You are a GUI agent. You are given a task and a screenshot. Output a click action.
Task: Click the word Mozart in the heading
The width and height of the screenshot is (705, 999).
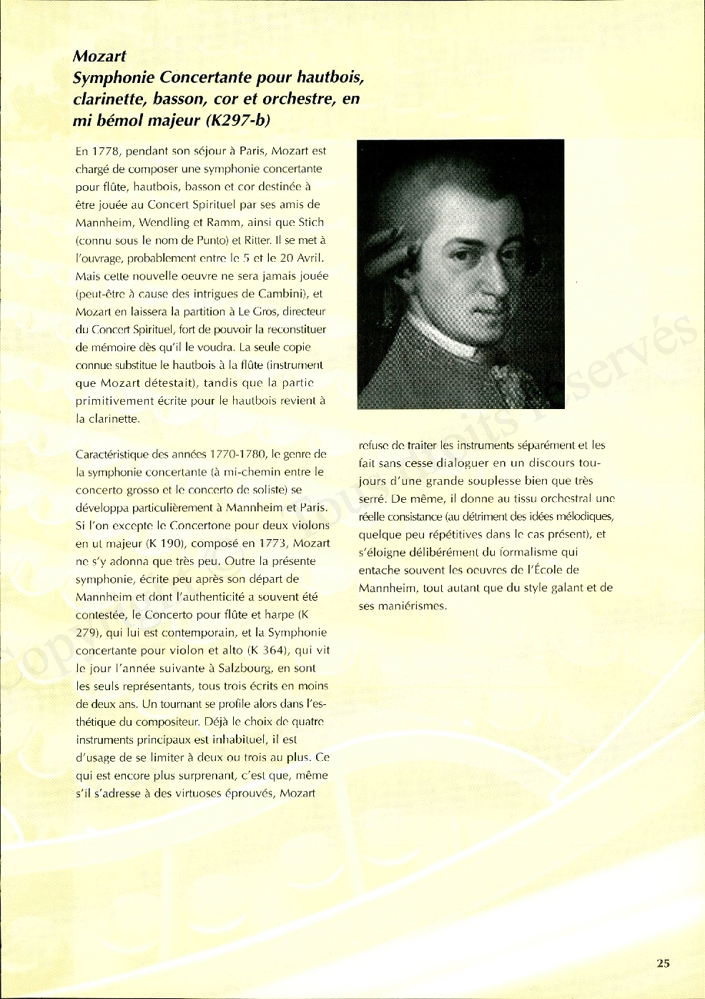click(99, 56)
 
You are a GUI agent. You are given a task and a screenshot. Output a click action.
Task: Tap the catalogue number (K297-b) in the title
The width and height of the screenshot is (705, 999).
click(238, 120)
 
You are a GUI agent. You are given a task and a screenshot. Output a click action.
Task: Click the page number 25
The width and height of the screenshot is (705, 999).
click(663, 963)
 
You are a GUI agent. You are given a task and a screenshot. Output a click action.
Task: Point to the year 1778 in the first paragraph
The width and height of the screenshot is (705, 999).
click(104, 151)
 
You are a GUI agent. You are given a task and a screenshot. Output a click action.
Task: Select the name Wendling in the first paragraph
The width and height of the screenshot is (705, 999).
click(164, 222)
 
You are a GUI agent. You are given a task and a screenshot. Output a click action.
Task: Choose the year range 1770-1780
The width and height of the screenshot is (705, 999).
click(238, 454)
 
